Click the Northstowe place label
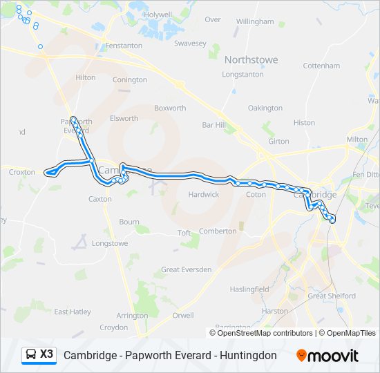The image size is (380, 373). coord(251,59)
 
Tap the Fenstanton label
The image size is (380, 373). coord(124,46)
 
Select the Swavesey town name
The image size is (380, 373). coord(190,43)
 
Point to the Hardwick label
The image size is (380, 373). coord(204,195)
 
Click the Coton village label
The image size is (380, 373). coord(256,195)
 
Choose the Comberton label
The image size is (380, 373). coord(218,231)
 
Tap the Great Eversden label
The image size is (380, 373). coord(187,269)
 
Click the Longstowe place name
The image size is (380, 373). coord(110,243)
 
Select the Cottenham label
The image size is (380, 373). coord(321,66)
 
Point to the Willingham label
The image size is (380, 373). coord(255,21)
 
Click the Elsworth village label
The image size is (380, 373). coord(124,118)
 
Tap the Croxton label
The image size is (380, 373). coord(22,172)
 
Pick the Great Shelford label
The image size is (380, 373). coord(332,296)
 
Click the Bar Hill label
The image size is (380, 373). coord(213,125)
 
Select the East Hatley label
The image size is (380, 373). coord(73,312)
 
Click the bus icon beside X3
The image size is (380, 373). coord(30,355)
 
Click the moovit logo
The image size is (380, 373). coord(327,356)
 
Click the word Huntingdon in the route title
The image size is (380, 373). coord(243,356)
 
